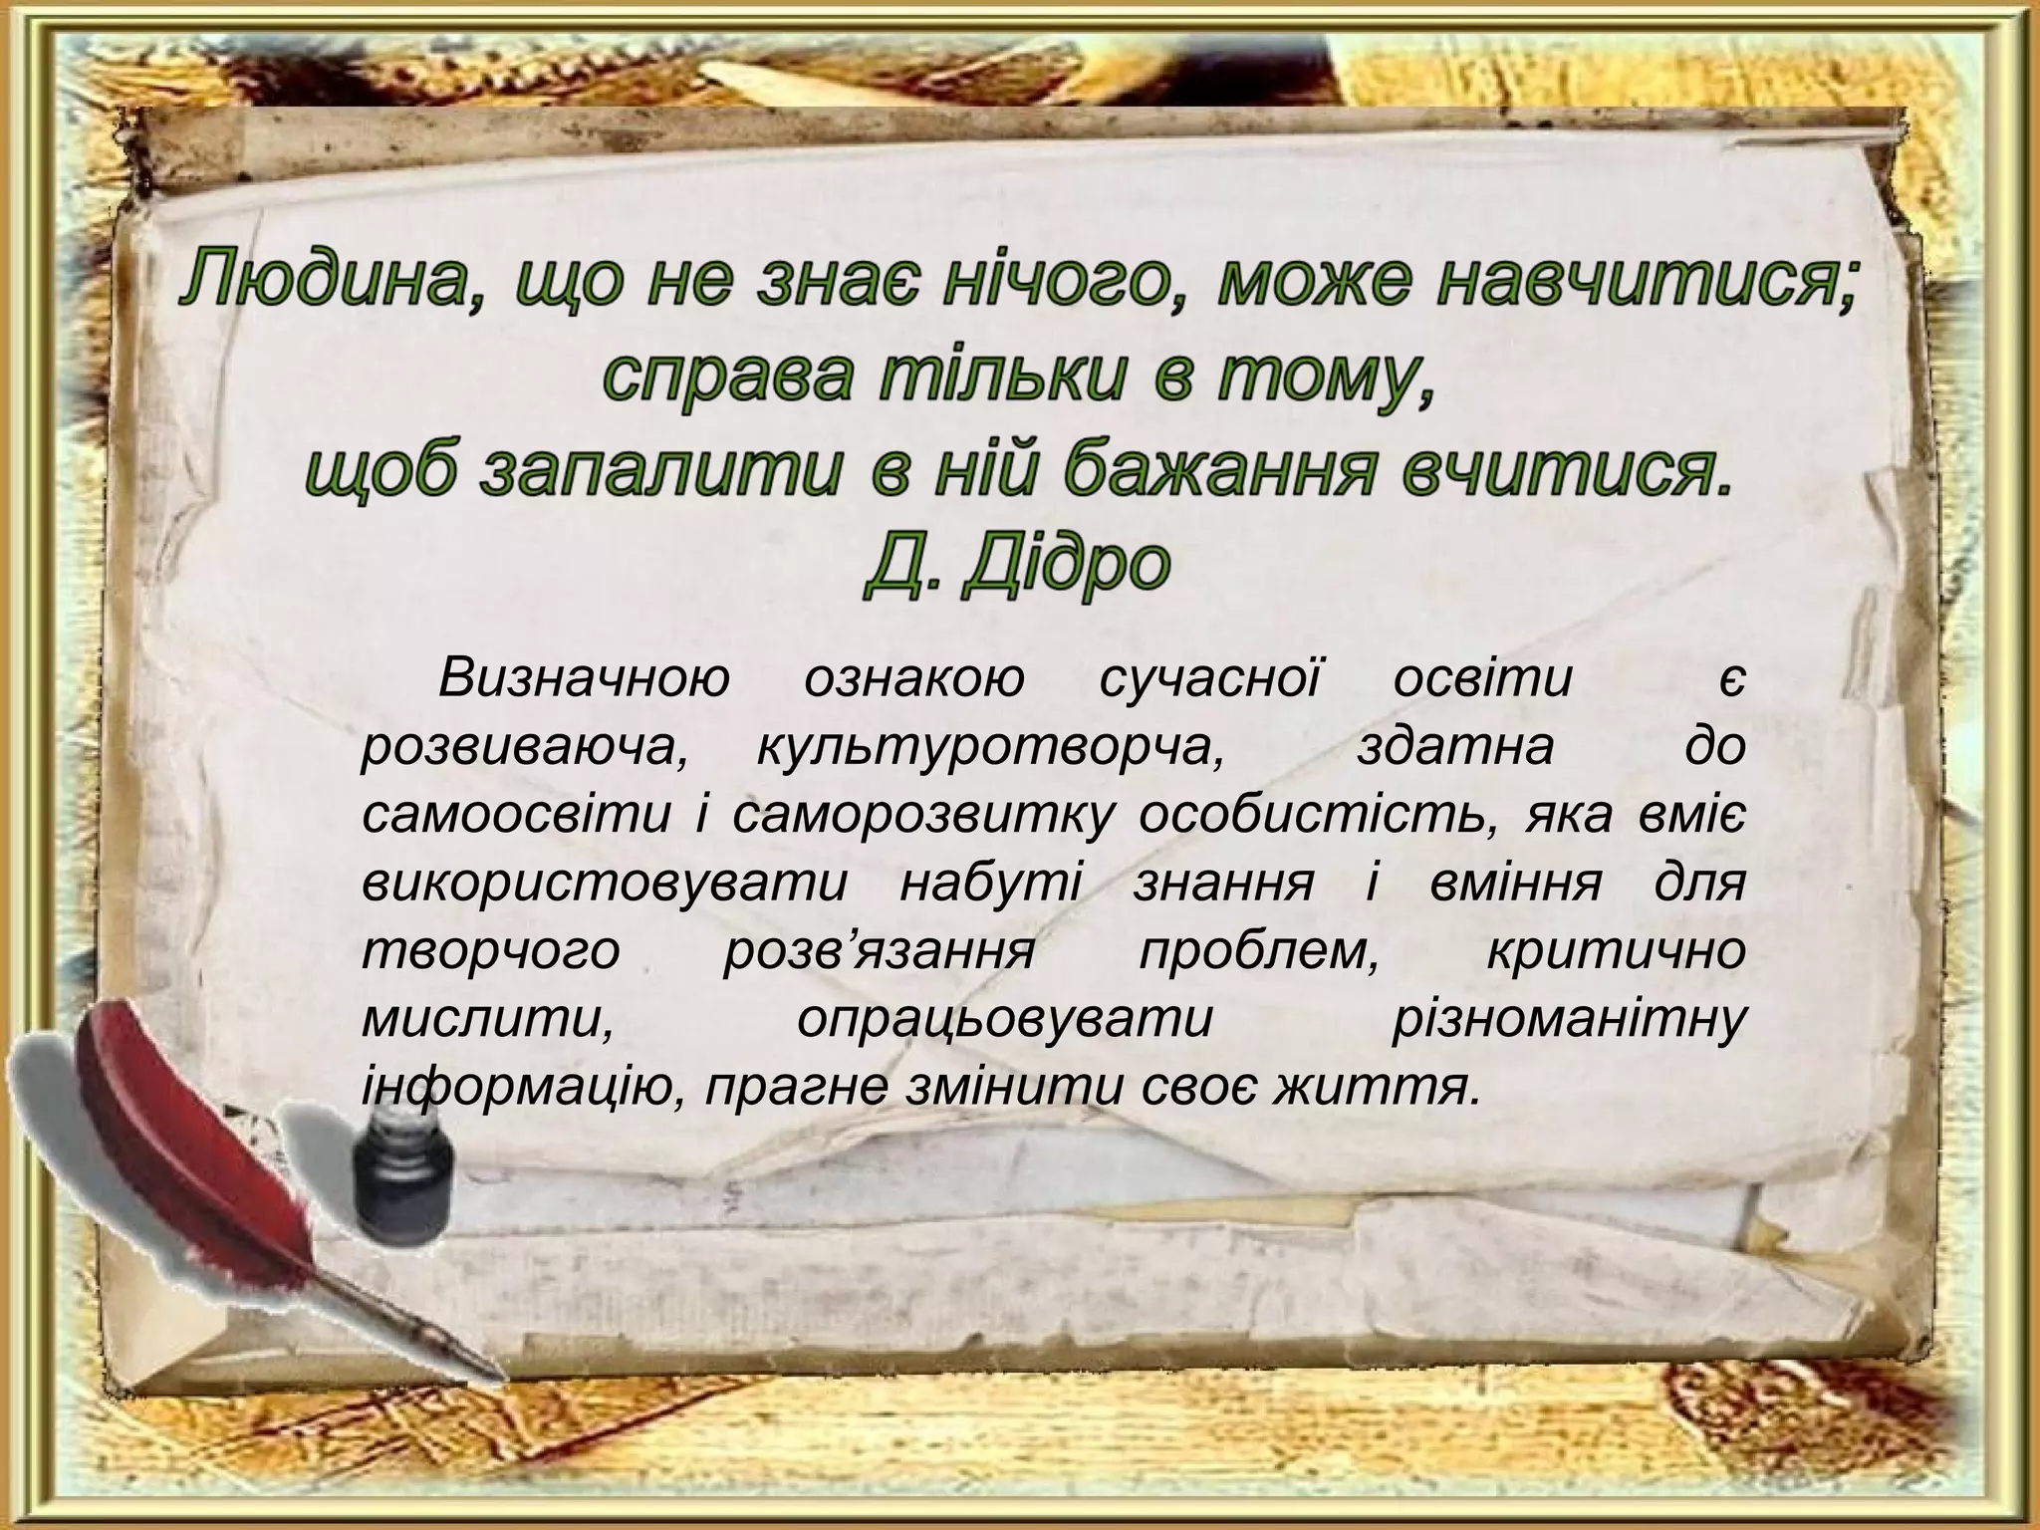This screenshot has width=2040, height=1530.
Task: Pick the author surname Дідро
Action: pos(1066,565)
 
